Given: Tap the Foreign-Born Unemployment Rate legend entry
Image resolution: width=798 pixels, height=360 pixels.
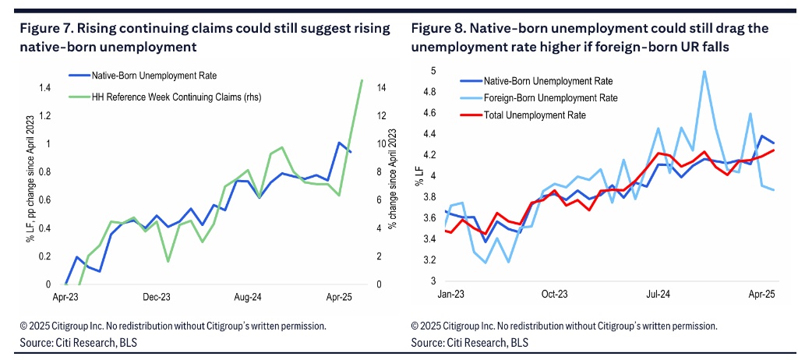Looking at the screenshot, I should [550, 97].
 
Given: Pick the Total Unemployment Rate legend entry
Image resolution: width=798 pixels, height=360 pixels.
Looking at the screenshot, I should [535, 115].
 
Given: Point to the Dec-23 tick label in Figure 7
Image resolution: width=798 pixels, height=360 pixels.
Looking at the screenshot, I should [157, 298].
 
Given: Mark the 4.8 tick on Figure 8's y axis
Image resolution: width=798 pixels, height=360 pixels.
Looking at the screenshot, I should [429, 92].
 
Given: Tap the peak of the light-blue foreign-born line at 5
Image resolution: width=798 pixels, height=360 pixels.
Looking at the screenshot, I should [704, 71].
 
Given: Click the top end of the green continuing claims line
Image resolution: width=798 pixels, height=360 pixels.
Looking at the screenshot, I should [362, 79].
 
